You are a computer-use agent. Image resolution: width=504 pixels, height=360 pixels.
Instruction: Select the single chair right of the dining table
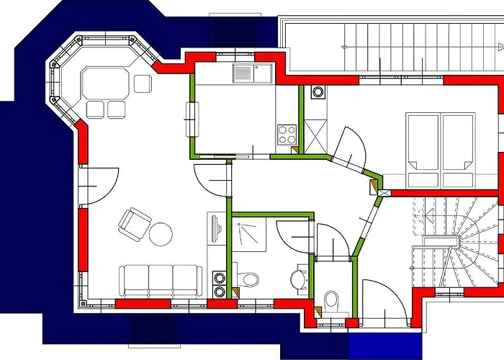click(143, 84)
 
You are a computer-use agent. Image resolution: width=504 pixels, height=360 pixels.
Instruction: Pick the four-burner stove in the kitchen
click(287, 134)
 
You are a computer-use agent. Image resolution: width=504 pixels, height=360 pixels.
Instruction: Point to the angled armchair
click(133, 222)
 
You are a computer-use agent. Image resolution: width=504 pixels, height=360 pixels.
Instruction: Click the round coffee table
click(161, 233)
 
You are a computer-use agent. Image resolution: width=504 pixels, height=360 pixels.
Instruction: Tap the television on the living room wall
click(217, 230)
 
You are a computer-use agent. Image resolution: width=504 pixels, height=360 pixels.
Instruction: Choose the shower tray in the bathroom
click(251, 233)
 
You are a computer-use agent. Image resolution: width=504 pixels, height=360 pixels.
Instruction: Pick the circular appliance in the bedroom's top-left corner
click(317, 91)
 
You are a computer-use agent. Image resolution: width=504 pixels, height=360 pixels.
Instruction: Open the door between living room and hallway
click(213, 180)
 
